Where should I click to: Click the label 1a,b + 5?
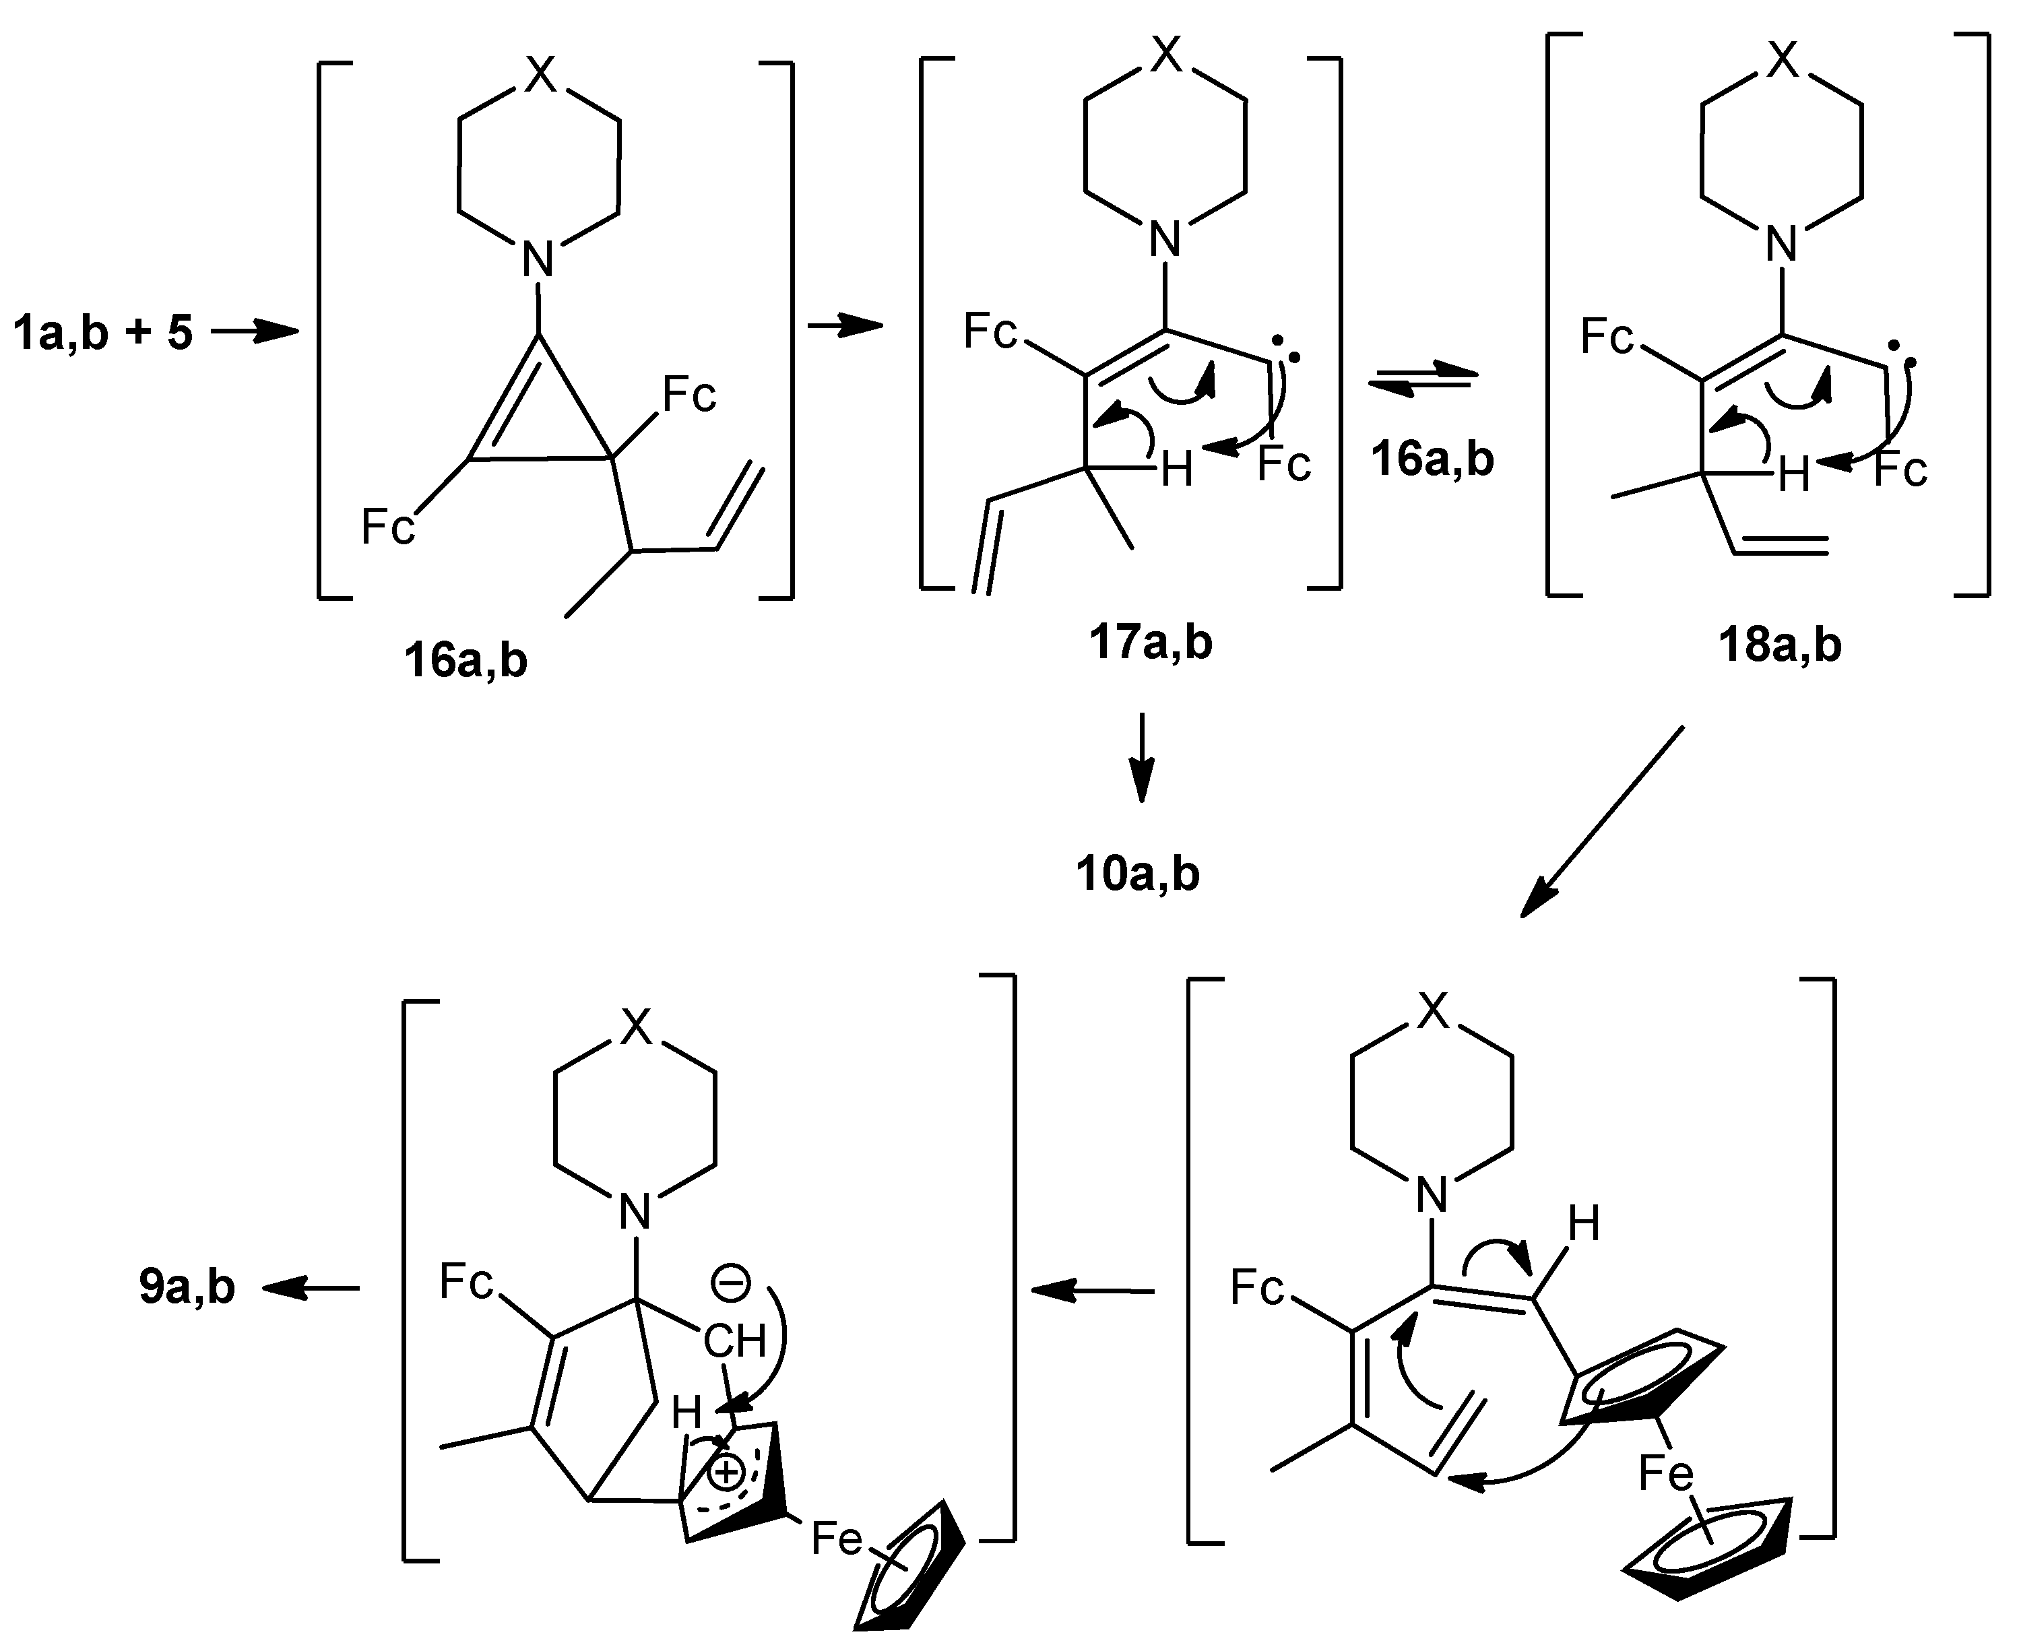click(x=102, y=334)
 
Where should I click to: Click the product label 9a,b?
click(x=187, y=1288)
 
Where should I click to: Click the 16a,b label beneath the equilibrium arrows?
click(x=1432, y=459)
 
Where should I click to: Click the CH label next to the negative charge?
click(x=734, y=1342)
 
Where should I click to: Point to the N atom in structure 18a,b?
click(x=1781, y=245)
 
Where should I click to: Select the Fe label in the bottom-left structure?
click(x=837, y=1538)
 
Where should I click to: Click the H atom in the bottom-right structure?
click(x=1583, y=1224)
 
